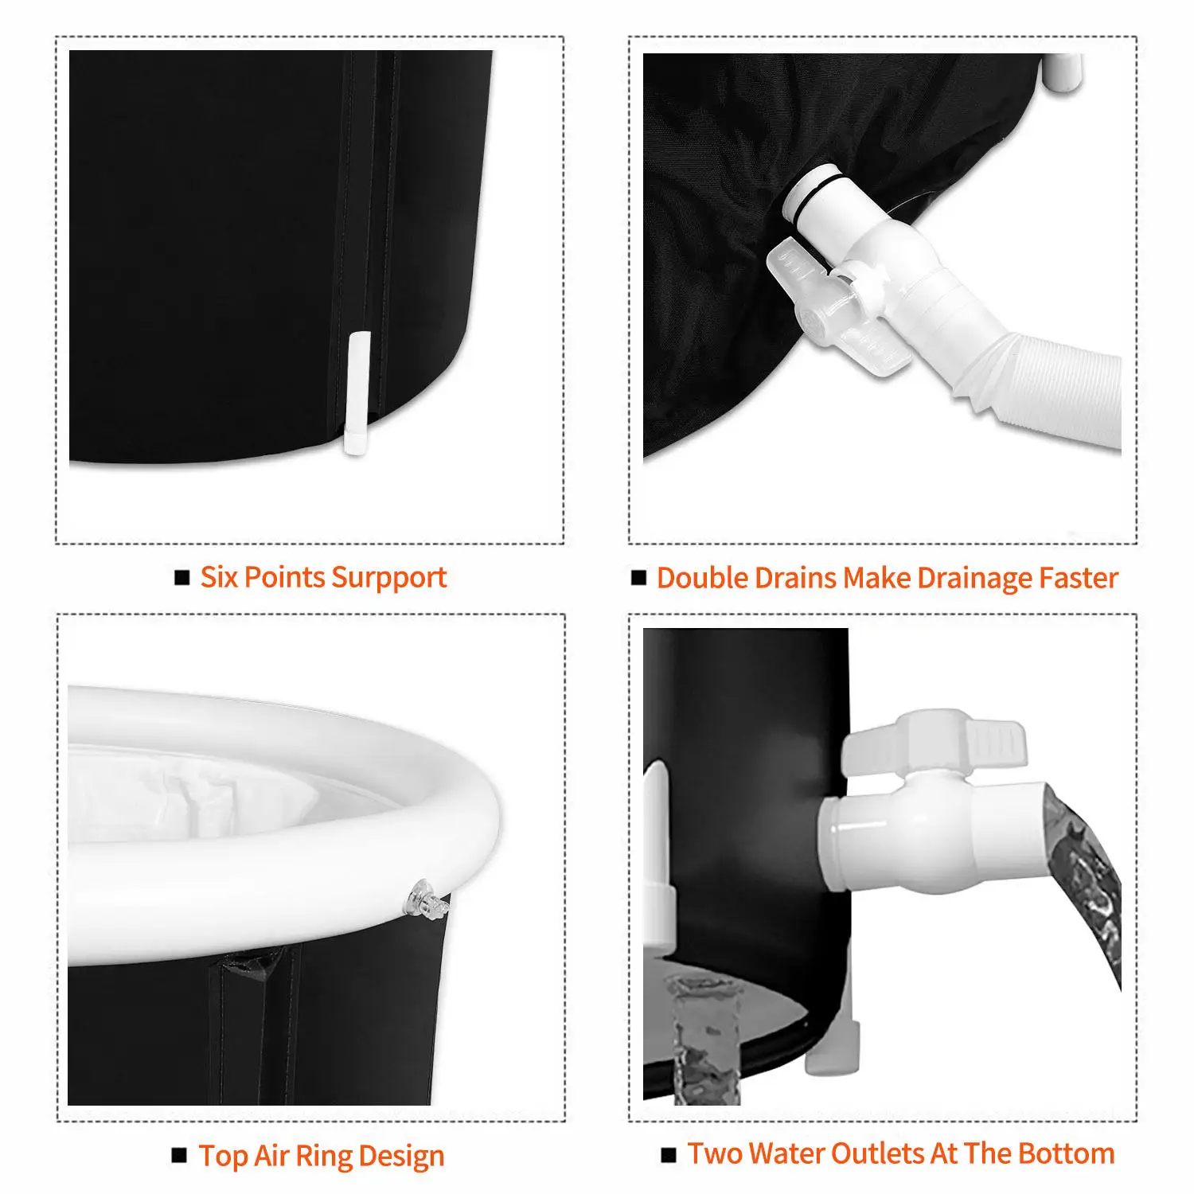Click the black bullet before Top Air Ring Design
click(180, 1155)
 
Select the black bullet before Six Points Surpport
click(182, 577)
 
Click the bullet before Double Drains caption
click(638, 577)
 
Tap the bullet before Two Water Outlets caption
click(669, 1154)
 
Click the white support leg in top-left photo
click(357, 393)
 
